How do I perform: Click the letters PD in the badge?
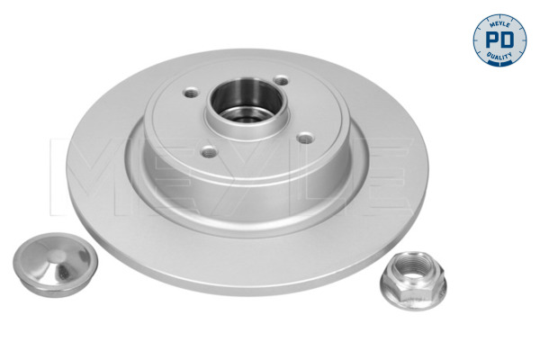(499, 40)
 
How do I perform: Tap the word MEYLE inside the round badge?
(499, 24)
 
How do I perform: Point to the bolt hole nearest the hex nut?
(305, 139)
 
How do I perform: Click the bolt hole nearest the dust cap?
(209, 151)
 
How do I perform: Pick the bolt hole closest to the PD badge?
(282, 81)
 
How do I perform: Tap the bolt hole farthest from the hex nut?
(191, 93)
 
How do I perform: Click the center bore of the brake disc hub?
(246, 101)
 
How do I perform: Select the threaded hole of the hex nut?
(413, 267)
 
